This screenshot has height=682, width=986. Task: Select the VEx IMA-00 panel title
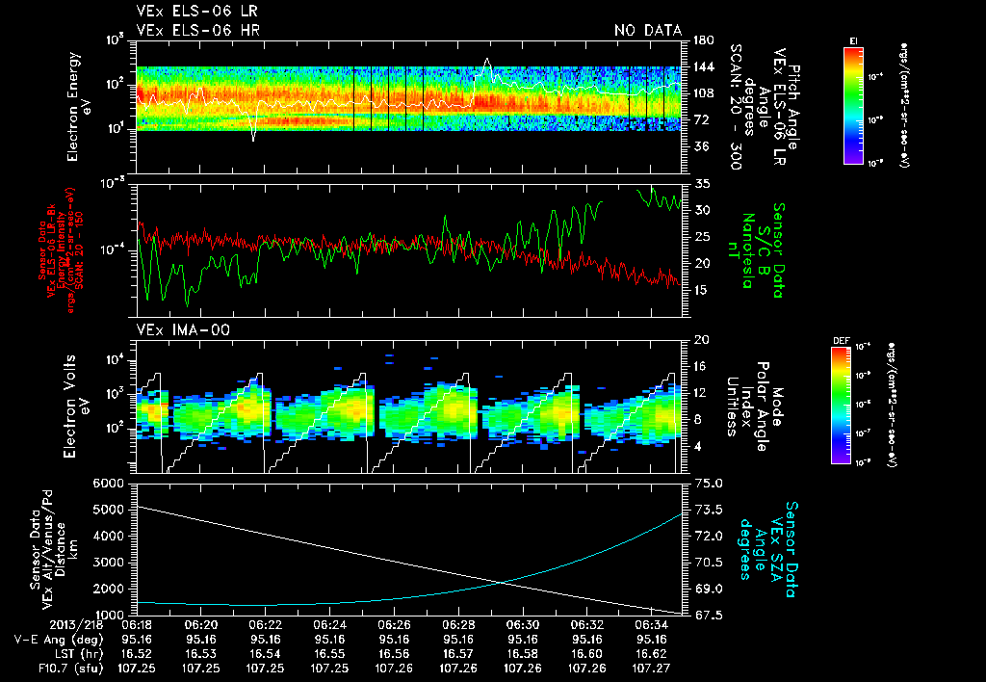point(176,329)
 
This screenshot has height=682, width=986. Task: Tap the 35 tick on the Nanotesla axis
point(701,183)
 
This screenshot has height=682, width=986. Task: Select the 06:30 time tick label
point(523,624)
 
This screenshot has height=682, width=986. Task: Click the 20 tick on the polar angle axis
point(700,340)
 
